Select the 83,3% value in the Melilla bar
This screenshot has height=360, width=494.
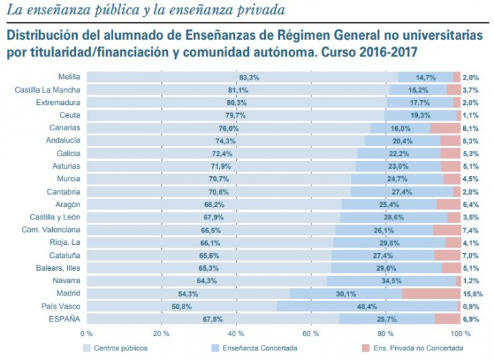pos(249,77)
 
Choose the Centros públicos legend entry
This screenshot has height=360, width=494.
pos(120,348)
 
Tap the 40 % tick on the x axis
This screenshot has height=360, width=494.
pos(236,334)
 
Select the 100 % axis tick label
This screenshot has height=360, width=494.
pos(460,334)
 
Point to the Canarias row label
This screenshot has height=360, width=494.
pos(65,128)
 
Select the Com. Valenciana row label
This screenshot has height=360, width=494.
pos(51,230)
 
